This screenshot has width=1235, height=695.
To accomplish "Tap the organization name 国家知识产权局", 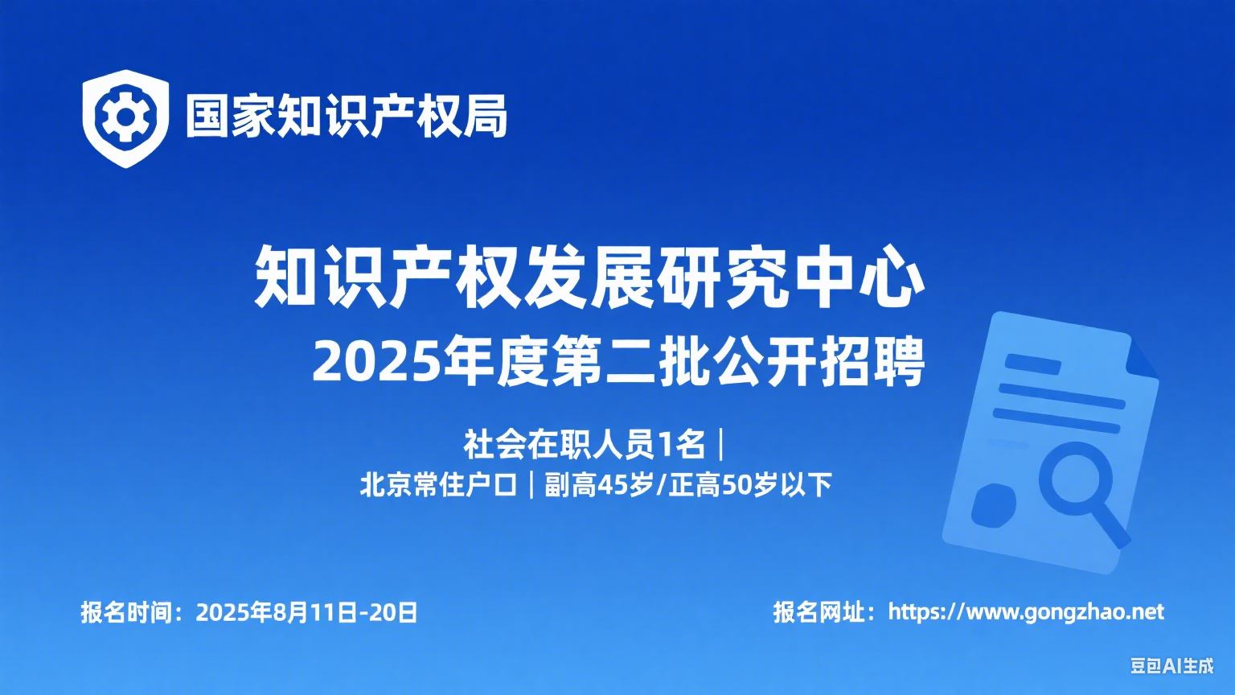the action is [x=347, y=117].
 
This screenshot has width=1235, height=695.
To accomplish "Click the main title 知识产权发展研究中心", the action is [x=589, y=276].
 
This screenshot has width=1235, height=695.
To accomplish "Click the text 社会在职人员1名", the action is [x=585, y=445].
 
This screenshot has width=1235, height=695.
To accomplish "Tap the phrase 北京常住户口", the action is [x=439, y=485].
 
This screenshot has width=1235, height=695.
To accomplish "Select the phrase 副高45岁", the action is [x=599, y=485].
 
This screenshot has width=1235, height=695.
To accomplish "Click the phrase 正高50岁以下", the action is [x=750, y=485].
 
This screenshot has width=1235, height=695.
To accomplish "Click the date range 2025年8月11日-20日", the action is [x=306, y=612].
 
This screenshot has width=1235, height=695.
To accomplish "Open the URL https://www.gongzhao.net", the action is [x=1026, y=612].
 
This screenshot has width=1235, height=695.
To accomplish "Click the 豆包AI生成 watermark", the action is [x=1172, y=666].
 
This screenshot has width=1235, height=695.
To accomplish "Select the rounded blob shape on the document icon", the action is [x=993, y=505].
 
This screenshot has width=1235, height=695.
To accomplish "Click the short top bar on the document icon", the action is [x=1032, y=364].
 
